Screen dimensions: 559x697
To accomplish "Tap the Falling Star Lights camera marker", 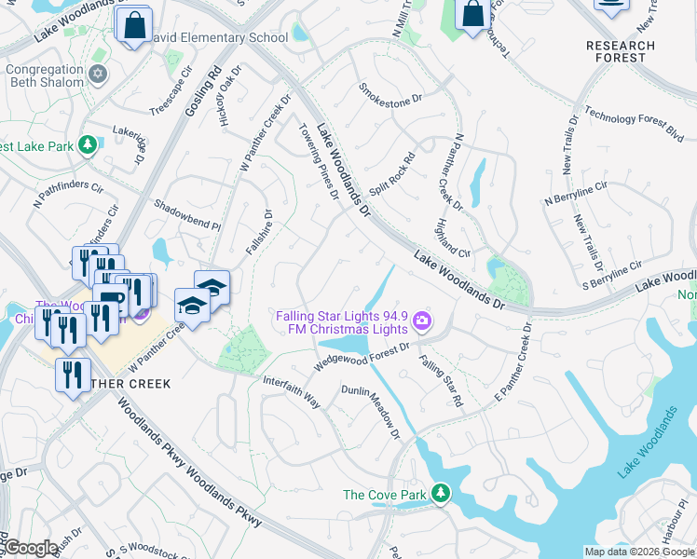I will (423, 321).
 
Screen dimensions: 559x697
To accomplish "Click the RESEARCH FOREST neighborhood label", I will (622, 51).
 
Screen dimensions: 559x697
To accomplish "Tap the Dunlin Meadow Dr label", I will (370, 412).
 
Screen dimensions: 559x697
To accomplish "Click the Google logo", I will (30, 548).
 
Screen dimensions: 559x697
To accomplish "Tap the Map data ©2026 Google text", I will (639, 552).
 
